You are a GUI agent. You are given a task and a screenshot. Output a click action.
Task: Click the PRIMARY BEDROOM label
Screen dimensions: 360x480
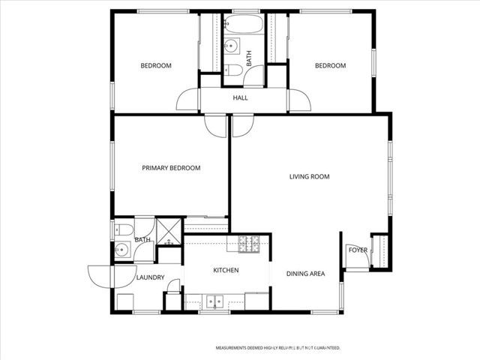click(171, 168)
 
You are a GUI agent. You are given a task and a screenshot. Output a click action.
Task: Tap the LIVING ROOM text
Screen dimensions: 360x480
click(310, 177)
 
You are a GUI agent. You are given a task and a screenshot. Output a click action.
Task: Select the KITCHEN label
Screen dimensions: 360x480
click(226, 270)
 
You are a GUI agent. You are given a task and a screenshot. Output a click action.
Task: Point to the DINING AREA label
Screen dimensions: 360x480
click(305, 274)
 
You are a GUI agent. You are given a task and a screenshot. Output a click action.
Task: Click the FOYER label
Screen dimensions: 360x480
click(358, 250)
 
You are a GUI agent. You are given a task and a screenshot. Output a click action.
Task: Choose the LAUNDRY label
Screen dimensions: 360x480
click(150, 277)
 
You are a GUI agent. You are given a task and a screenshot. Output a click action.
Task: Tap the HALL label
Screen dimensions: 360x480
click(240, 98)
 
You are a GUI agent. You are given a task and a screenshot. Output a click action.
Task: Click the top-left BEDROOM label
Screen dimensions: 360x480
click(156, 66)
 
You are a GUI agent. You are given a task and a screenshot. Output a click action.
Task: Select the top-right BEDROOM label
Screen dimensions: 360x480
click(330, 66)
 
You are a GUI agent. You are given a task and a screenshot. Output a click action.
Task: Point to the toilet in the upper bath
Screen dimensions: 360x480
click(232, 71)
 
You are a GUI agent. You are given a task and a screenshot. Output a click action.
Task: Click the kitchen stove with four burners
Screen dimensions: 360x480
click(248, 243)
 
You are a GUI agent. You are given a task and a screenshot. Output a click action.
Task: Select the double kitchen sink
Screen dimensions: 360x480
click(215, 302)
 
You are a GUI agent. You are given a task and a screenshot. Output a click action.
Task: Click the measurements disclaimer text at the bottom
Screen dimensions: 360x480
click(278, 348)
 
